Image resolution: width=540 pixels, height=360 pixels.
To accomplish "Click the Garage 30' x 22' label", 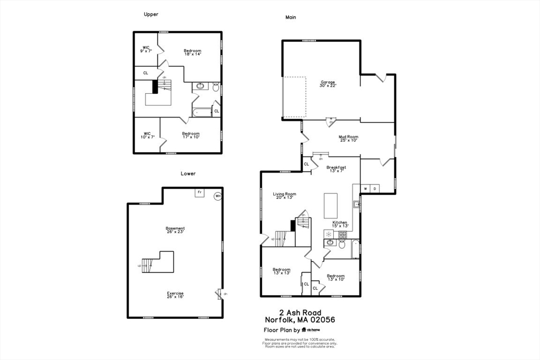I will pyautogui.click(x=328, y=83).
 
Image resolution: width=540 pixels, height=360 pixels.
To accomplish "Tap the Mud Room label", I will pyautogui.click(x=348, y=139).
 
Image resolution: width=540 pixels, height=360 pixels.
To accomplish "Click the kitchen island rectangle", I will pyautogui.click(x=330, y=206).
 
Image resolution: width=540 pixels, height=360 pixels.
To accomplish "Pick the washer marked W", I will pyautogui.click(x=365, y=188).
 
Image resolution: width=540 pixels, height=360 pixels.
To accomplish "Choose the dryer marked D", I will pyautogui.click(x=375, y=188).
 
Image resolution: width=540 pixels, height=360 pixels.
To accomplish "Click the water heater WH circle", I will pyautogui.click(x=218, y=197).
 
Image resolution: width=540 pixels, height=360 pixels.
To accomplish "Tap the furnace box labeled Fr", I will pyautogui.click(x=199, y=192).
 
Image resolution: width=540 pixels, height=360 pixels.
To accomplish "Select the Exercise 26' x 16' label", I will pyautogui.click(x=175, y=295).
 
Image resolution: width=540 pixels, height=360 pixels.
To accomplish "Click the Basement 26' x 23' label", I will pyautogui.click(x=175, y=230).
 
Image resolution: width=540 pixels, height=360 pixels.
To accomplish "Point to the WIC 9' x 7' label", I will pyautogui.click(x=146, y=49).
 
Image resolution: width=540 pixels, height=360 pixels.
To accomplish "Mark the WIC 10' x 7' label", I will pyautogui.click(x=147, y=135).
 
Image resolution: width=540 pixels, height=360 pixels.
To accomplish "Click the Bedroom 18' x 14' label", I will pyautogui.click(x=192, y=52).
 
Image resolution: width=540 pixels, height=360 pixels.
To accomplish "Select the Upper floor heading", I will pyautogui.click(x=151, y=14).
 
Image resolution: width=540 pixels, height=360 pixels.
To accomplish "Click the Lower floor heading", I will pyautogui.click(x=188, y=173).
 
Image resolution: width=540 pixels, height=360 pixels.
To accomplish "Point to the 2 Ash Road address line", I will pyautogui.click(x=300, y=313).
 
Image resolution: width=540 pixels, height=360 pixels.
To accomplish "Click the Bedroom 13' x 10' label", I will pyautogui.click(x=335, y=278).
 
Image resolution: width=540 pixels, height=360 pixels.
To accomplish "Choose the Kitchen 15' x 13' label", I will pyautogui.click(x=340, y=224).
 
